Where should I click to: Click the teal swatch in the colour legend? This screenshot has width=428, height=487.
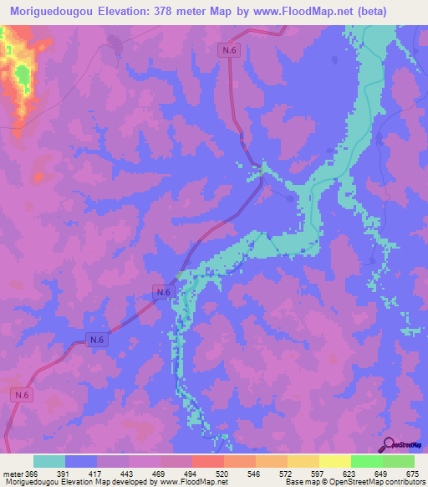pyautogui.click(x=49, y=461)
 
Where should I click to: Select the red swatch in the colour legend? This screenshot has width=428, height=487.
pyautogui.click(x=208, y=461)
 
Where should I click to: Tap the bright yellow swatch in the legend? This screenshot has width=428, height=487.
pyautogui.click(x=335, y=461)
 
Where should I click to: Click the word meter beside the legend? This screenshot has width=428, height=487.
pyautogui.click(x=13, y=473)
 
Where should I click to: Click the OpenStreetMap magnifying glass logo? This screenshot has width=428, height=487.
pyautogui.click(x=388, y=444)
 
